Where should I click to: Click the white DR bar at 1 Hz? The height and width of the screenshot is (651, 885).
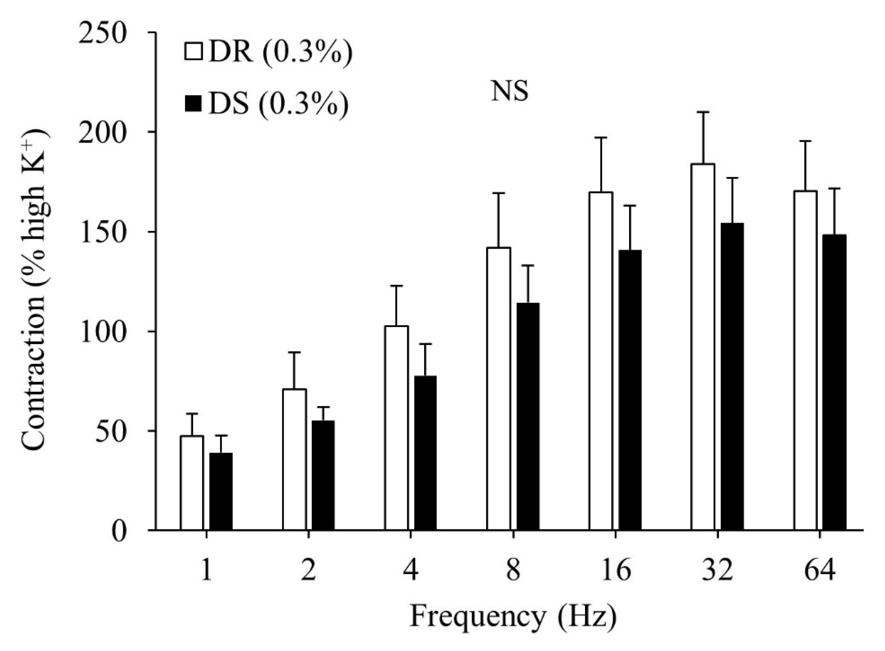pyautogui.click(x=192, y=483)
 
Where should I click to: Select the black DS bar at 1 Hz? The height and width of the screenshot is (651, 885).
pyautogui.click(x=221, y=491)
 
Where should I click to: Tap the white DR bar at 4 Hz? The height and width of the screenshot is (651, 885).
pyautogui.click(x=396, y=428)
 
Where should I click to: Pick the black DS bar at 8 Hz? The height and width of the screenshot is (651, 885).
pyautogui.click(x=528, y=416)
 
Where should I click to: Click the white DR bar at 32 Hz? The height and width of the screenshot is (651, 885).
pyautogui.click(x=703, y=347)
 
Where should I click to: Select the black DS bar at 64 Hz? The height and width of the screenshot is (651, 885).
pyautogui.click(x=835, y=382)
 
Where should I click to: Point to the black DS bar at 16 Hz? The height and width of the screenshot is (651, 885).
pyautogui.click(x=630, y=390)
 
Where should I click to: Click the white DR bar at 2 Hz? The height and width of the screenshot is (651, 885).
pyautogui.click(x=295, y=460)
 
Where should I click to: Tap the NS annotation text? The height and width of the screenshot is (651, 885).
pyautogui.click(x=510, y=92)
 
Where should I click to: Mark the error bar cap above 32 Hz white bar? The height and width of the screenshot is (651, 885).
pyautogui.click(x=703, y=112)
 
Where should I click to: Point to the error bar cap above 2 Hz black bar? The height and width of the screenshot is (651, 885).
pyautogui.click(x=323, y=407)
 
